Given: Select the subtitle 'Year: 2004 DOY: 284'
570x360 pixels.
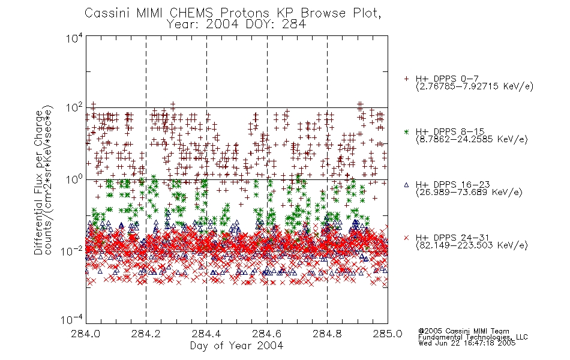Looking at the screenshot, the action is (236, 25).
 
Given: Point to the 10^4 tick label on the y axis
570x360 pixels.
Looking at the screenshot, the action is (74, 38).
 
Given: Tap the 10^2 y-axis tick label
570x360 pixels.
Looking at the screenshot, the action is (74, 108).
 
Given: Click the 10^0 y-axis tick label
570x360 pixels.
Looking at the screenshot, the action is (74, 179).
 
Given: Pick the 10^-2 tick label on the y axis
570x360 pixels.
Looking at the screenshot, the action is (73, 251).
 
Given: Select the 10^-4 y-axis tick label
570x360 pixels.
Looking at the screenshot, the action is (73, 320).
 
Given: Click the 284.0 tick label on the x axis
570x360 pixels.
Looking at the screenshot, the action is (86, 334).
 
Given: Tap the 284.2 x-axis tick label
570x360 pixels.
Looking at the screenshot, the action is (146, 334).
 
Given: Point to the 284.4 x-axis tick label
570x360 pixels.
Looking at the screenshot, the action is (206, 334).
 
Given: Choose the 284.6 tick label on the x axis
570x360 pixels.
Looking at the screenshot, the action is (267, 334).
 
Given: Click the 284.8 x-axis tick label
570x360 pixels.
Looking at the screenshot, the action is (327, 334).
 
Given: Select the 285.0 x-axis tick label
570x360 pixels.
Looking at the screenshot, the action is (388, 334).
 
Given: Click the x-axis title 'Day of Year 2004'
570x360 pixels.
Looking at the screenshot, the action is (236, 346).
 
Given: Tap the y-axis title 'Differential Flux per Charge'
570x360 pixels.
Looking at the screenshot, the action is (38, 182).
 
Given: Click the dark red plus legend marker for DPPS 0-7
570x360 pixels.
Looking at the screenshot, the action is (406, 79).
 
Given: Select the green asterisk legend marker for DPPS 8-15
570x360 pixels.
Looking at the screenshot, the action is (406, 131).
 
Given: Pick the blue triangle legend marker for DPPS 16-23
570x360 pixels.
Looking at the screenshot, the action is (406, 185).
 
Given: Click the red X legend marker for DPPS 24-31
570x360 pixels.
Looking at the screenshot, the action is (406, 238).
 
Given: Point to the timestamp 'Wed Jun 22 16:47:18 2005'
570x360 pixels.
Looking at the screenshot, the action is (467, 343).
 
